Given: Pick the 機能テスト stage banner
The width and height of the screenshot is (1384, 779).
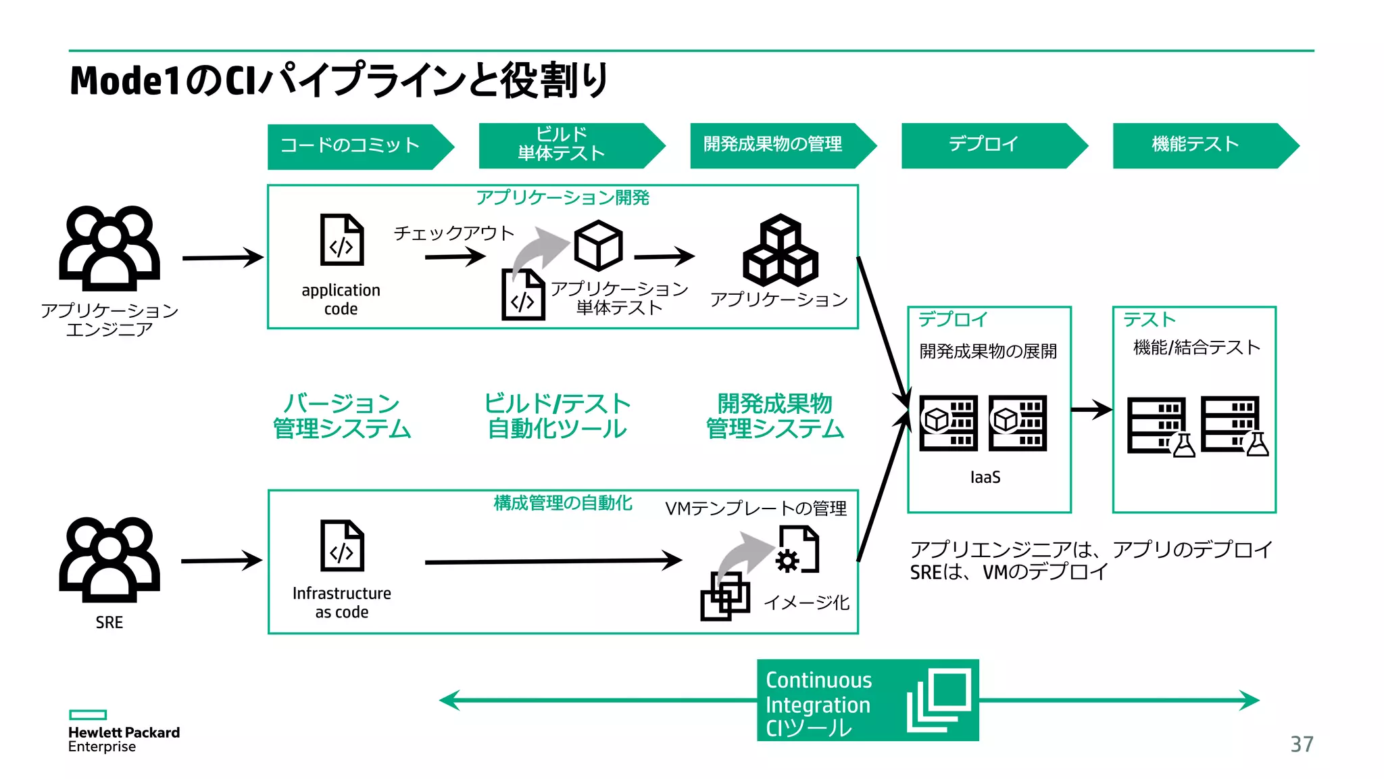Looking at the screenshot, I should (x=1196, y=145).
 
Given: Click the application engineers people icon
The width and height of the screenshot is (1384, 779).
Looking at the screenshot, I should (x=109, y=248).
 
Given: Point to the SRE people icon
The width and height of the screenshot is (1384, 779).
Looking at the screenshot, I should (x=109, y=559).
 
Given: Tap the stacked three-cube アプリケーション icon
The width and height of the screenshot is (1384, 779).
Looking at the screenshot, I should (x=781, y=251).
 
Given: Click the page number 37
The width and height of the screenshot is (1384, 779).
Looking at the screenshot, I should (x=1302, y=744).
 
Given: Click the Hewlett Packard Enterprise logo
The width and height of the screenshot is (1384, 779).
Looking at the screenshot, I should (x=123, y=732).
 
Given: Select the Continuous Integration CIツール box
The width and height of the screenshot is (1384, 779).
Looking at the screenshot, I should (x=867, y=701).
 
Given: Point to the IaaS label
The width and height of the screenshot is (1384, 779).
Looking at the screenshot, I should (x=985, y=477).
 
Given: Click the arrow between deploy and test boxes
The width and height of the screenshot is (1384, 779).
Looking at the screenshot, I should (x=1091, y=409).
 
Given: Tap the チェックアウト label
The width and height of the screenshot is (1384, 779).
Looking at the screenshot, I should (x=453, y=233).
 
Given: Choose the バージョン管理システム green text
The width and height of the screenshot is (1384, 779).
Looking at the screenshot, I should (x=342, y=416).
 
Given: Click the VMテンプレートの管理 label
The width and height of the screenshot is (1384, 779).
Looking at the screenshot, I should (x=756, y=509).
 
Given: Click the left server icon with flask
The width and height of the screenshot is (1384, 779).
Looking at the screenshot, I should (x=1159, y=426).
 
